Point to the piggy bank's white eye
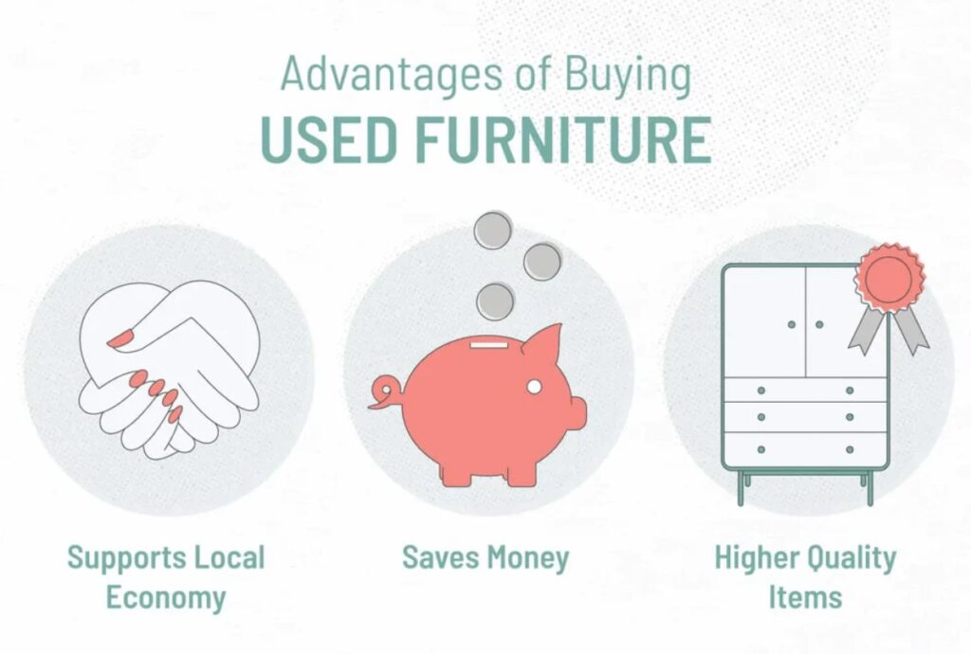[x=534, y=387]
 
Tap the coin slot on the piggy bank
[x=488, y=343]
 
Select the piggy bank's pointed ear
[x=543, y=339]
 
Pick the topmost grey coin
[x=493, y=229]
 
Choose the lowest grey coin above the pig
[x=495, y=301]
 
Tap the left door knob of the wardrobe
[x=792, y=324]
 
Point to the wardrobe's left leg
[x=741, y=488]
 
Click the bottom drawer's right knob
[x=850, y=449]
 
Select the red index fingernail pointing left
[x=121, y=338]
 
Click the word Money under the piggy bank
[x=527, y=558]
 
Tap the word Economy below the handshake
[x=166, y=598]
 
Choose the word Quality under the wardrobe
[x=852, y=558]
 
